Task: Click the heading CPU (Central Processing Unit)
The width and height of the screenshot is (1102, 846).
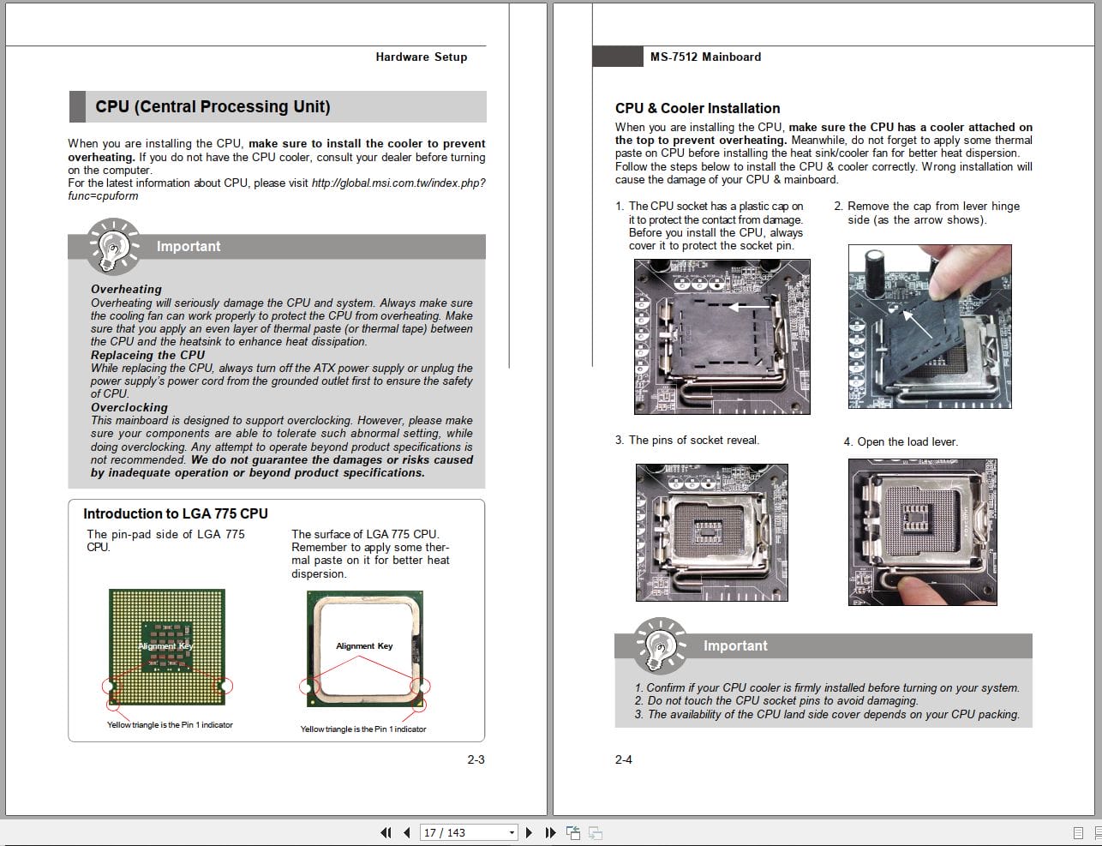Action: pos(213,107)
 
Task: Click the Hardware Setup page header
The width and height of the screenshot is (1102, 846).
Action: pos(421,57)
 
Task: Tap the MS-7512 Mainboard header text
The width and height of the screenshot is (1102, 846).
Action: pos(705,57)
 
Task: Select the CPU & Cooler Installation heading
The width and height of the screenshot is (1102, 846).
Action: pos(697,108)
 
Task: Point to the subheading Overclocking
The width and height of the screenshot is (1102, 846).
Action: pos(129,407)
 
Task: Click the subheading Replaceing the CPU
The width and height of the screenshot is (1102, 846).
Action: pos(147,355)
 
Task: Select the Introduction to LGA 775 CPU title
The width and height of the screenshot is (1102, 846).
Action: pos(175,513)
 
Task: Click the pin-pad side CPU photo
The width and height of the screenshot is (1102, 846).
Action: pos(167,646)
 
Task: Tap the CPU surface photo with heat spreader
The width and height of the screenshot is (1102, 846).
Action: pos(364,648)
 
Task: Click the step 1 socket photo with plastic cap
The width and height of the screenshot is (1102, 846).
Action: pos(722,337)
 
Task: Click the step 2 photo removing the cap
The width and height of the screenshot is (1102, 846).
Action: pos(929,326)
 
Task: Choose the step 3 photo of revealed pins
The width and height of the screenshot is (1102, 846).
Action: pos(711,531)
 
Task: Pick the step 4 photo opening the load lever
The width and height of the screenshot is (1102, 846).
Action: pos(923,532)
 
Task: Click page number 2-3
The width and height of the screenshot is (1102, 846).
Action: pos(476,759)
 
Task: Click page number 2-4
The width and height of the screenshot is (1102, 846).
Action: pos(623,759)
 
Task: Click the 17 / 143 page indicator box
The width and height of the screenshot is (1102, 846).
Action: pos(469,832)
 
